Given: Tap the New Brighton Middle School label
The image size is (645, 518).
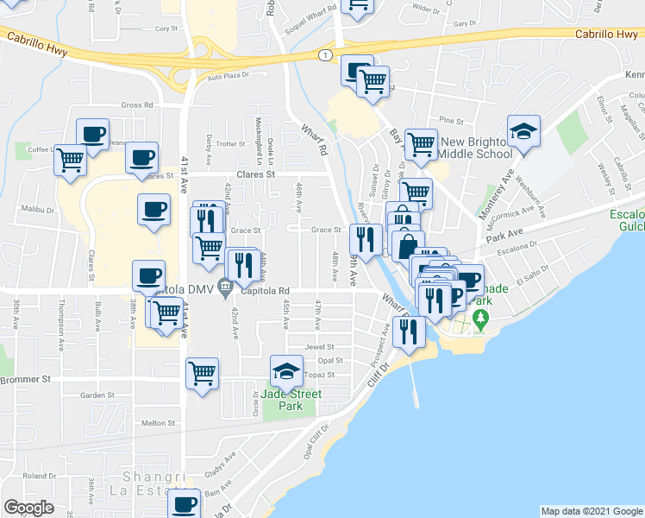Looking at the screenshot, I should click(475, 148).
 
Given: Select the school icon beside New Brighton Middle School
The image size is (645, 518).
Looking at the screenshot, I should click(523, 131).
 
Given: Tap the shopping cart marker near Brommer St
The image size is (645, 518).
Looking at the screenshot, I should click(202, 374).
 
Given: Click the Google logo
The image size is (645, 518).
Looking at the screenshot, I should click(29, 508).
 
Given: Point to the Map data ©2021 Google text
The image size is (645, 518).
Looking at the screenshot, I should click(591, 511).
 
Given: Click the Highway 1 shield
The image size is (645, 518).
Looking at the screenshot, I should click(324, 55).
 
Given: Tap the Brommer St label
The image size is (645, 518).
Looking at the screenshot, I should click(26, 379).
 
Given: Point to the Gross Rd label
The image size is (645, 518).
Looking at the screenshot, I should click(137, 105).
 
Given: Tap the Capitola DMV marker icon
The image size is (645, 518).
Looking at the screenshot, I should click(225, 287).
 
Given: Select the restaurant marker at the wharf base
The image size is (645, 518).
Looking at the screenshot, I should click(408, 332).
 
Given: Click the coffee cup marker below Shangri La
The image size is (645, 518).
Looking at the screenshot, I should click(184, 504).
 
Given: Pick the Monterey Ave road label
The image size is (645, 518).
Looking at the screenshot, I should click(497, 187).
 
